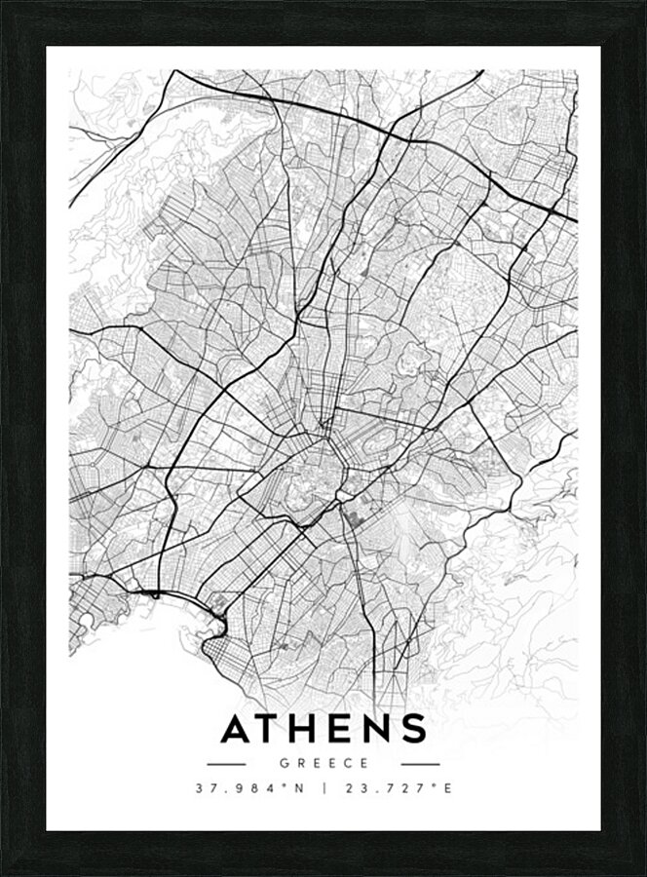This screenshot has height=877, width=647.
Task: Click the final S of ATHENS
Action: pos(415,728)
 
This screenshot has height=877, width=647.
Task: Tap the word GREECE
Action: pos(323,764)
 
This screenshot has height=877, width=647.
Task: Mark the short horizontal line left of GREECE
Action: pos(226,764)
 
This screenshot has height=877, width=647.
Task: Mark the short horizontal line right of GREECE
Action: pos(420,764)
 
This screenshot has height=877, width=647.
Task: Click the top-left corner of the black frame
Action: pos(3,3)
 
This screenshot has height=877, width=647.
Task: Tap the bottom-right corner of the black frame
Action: pos(643,873)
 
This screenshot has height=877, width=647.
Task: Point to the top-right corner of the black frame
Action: pos(643,3)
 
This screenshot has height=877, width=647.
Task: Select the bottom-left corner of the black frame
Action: pos(3,873)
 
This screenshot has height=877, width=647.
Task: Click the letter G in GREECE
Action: pos(283,764)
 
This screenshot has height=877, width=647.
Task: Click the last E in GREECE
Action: pos(364,764)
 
